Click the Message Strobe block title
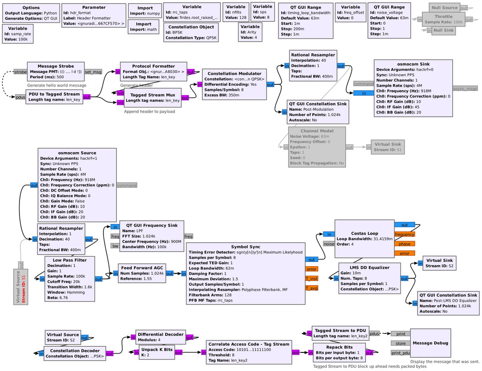pyautogui.click(x=55, y=66)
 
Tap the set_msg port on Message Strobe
pyautogui.click(x=93, y=72)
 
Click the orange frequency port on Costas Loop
pyautogui.click(x=405, y=235)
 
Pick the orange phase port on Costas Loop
pyautogui.click(x=404, y=244)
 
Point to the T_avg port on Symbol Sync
pyautogui.click(x=311, y=288)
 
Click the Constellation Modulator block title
pyautogui.click(x=234, y=73)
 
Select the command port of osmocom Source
pyautogui.click(x=127, y=185)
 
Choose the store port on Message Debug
pyautogui.click(x=400, y=343)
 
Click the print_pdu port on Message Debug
pyautogui.click(x=400, y=353)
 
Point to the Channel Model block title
pyautogui.click(x=317, y=131)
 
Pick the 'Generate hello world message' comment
pyautogui.click(x=57, y=85)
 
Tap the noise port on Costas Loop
pyautogui.click(x=328, y=243)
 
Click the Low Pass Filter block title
pyautogui.click(x=70, y=260)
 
